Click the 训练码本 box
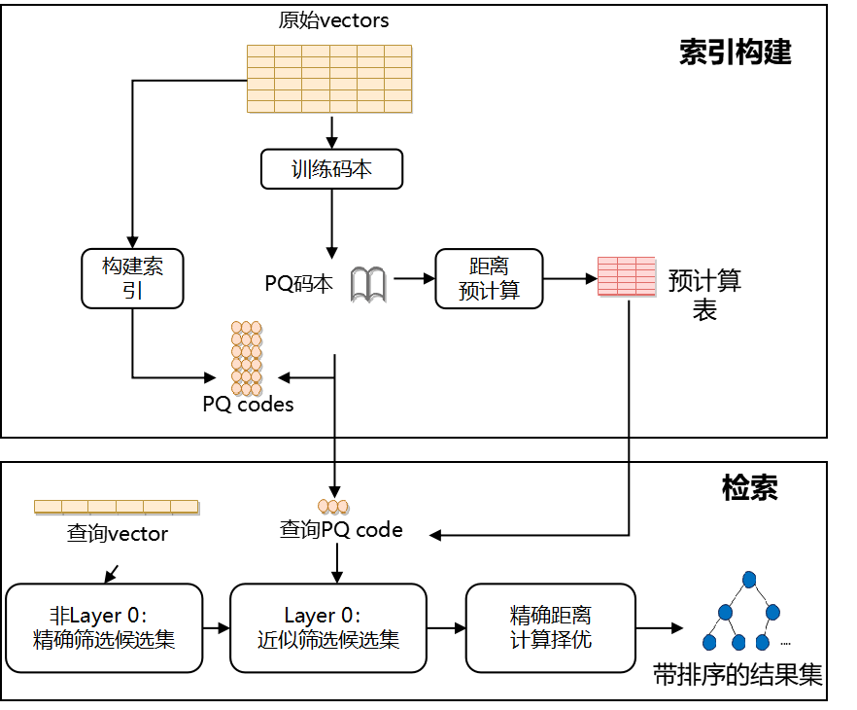(331, 169)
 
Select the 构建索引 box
(132, 278)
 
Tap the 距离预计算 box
(489, 278)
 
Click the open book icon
(367, 284)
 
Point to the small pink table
(626, 275)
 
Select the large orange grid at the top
(329, 79)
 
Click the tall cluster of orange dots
(246, 358)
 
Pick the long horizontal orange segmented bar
(116, 506)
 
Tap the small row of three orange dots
(332, 506)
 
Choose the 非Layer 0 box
(104, 627)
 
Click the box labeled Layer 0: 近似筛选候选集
(328, 627)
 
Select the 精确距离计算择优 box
(550, 627)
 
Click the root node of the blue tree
(749, 580)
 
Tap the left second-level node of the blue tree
(725, 612)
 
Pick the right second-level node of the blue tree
(772, 612)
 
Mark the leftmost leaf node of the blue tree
(709, 642)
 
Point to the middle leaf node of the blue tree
(738, 642)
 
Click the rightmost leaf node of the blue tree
(763, 642)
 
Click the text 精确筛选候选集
(104, 640)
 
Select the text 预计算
(489, 291)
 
